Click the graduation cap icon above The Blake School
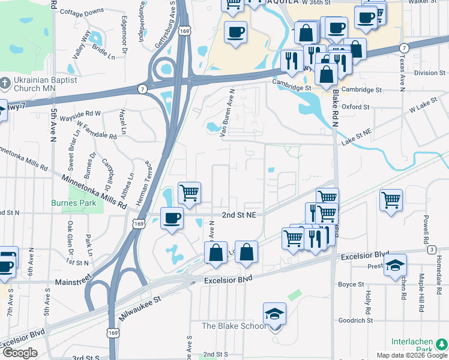click(274, 314)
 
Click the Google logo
click(19, 353)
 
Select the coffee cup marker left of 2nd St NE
click(172, 218)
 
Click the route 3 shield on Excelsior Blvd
click(431, 249)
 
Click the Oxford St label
click(355, 107)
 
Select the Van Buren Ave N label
click(227, 112)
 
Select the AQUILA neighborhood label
click(268, 4)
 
